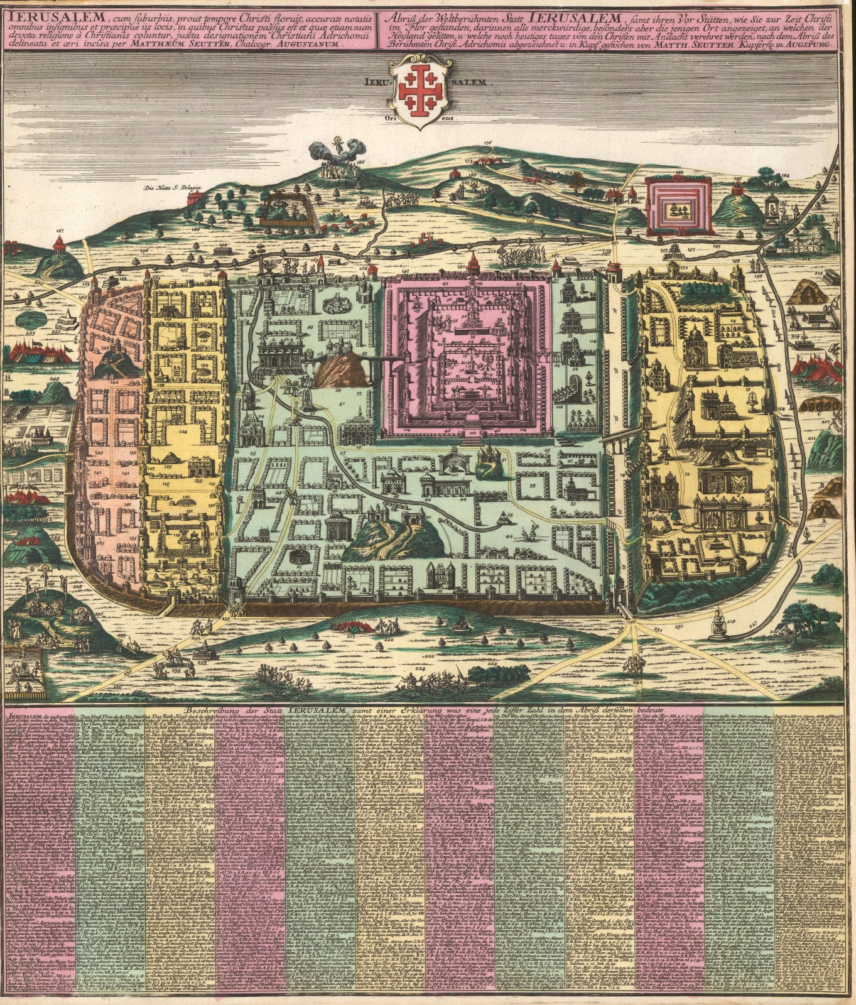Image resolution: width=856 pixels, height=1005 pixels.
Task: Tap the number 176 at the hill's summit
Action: point(487,144)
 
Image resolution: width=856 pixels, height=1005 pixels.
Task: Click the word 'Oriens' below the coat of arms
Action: point(420,118)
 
